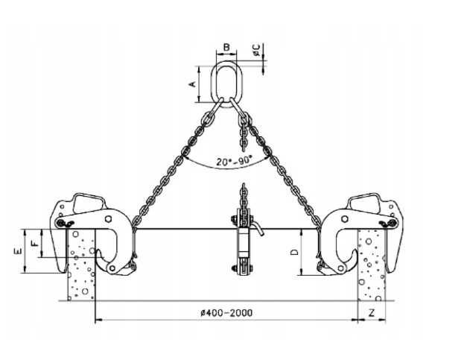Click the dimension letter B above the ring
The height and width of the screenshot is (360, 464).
(226, 47)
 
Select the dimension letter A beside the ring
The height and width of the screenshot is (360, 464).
(193, 83)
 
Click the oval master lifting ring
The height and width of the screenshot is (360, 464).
(226, 83)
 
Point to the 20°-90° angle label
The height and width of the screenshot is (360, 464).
(234, 161)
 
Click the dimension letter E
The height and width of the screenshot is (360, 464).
(17, 251)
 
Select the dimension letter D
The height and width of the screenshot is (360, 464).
(294, 252)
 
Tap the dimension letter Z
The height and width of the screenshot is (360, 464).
(372, 312)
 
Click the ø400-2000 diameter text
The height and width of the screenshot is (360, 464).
(226, 312)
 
